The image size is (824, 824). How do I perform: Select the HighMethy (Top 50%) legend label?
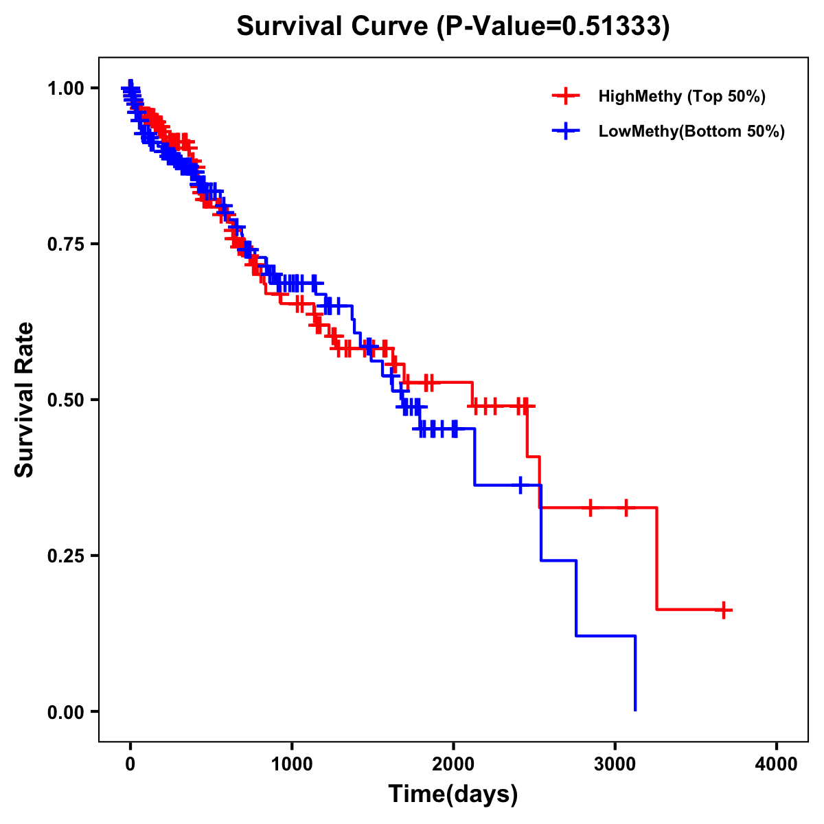click(x=681, y=96)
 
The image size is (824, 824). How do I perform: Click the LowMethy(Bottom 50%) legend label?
click(x=691, y=132)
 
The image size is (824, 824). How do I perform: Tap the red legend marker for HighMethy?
click(x=566, y=96)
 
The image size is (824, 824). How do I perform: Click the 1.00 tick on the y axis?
click(x=66, y=88)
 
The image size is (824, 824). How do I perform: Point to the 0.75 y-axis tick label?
click(x=66, y=244)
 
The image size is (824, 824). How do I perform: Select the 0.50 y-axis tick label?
click(x=66, y=400)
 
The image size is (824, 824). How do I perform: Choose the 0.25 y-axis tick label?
click(x=66, y=556)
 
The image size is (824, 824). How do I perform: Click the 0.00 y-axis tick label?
click(x=66, y=711)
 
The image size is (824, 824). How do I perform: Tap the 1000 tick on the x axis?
click(x=292, y=764)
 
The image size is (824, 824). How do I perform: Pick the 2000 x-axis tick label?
click(x=453, y=764)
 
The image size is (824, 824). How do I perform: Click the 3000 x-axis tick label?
click(x=615, y=764)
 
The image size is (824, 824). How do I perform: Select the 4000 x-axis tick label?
click(x=777, y=764)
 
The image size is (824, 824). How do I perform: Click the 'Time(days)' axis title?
click(x=453, y=794)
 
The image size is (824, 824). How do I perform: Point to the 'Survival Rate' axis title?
click(x=25, y=400)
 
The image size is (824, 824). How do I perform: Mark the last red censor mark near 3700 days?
click(x=724, y=610)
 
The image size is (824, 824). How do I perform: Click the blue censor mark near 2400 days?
click(x=520, y=485)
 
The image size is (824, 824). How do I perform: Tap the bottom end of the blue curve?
click(x=635, y=709)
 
